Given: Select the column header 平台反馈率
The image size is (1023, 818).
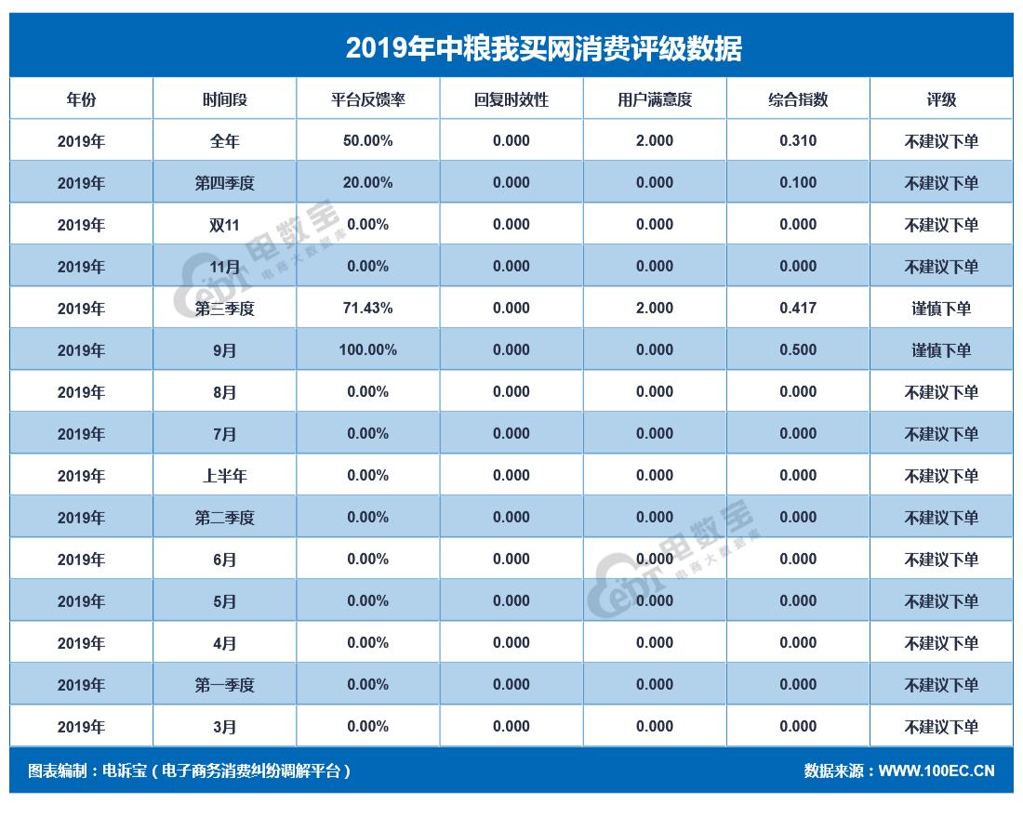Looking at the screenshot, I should coord(367,99).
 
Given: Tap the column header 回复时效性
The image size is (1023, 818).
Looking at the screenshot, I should coord(511,99).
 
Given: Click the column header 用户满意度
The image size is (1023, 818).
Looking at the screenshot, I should coord(654,99).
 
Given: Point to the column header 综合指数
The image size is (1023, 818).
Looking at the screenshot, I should coord(798,99).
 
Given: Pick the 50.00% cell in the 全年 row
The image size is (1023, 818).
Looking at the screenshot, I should coord(367,141).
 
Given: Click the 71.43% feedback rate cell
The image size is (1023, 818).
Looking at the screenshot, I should coord(367,309).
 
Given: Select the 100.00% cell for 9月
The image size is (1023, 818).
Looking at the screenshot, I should coord(367,350).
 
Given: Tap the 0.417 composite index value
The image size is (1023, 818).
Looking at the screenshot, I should coord(798,309).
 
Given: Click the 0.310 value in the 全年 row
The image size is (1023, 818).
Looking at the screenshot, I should coord(798,141).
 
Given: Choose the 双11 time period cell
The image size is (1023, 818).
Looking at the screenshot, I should coord(224,225).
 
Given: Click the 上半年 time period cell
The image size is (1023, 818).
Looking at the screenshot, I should coord(224,476).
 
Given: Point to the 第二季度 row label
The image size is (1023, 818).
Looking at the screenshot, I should coord(224,518).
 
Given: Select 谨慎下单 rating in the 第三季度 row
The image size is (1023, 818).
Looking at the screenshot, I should coord(941,309).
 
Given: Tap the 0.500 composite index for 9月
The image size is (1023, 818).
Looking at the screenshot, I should coord(798,350).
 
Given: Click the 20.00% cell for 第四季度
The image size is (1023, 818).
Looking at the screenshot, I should coord(367,183).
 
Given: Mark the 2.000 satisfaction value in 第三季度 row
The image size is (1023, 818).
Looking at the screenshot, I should coord(654,309).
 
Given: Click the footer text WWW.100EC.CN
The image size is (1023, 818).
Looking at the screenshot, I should coord(936,772).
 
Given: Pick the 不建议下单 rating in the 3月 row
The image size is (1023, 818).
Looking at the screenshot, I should coord(941,727).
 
